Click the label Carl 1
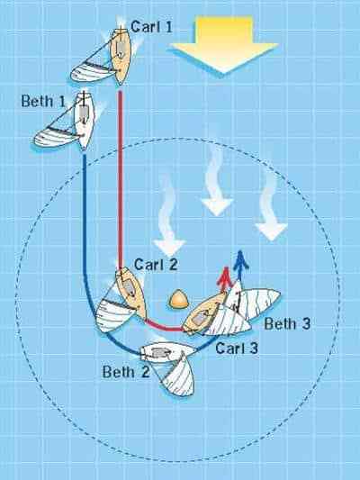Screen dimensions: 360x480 151,27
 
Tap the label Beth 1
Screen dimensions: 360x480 43,101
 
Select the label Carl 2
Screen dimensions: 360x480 156,264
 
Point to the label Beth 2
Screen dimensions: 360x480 126,372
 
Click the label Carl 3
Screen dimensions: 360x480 237,348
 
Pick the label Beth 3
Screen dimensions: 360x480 287,323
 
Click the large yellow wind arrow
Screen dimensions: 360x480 224,44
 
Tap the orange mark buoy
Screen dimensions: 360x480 178,299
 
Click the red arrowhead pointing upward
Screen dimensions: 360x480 225,274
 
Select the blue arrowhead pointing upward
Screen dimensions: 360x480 240,258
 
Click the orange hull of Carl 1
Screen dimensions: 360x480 121,57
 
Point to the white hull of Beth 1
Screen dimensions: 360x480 85,121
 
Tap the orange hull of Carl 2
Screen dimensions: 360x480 130,293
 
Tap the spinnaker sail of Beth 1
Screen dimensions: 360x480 55,136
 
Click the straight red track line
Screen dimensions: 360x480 121,179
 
